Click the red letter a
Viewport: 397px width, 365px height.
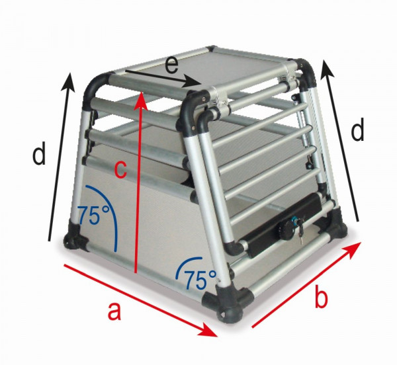pos(114,310)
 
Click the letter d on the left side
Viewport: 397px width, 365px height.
pos(40,155)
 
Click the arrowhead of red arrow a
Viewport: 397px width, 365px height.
pos(213,330)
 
